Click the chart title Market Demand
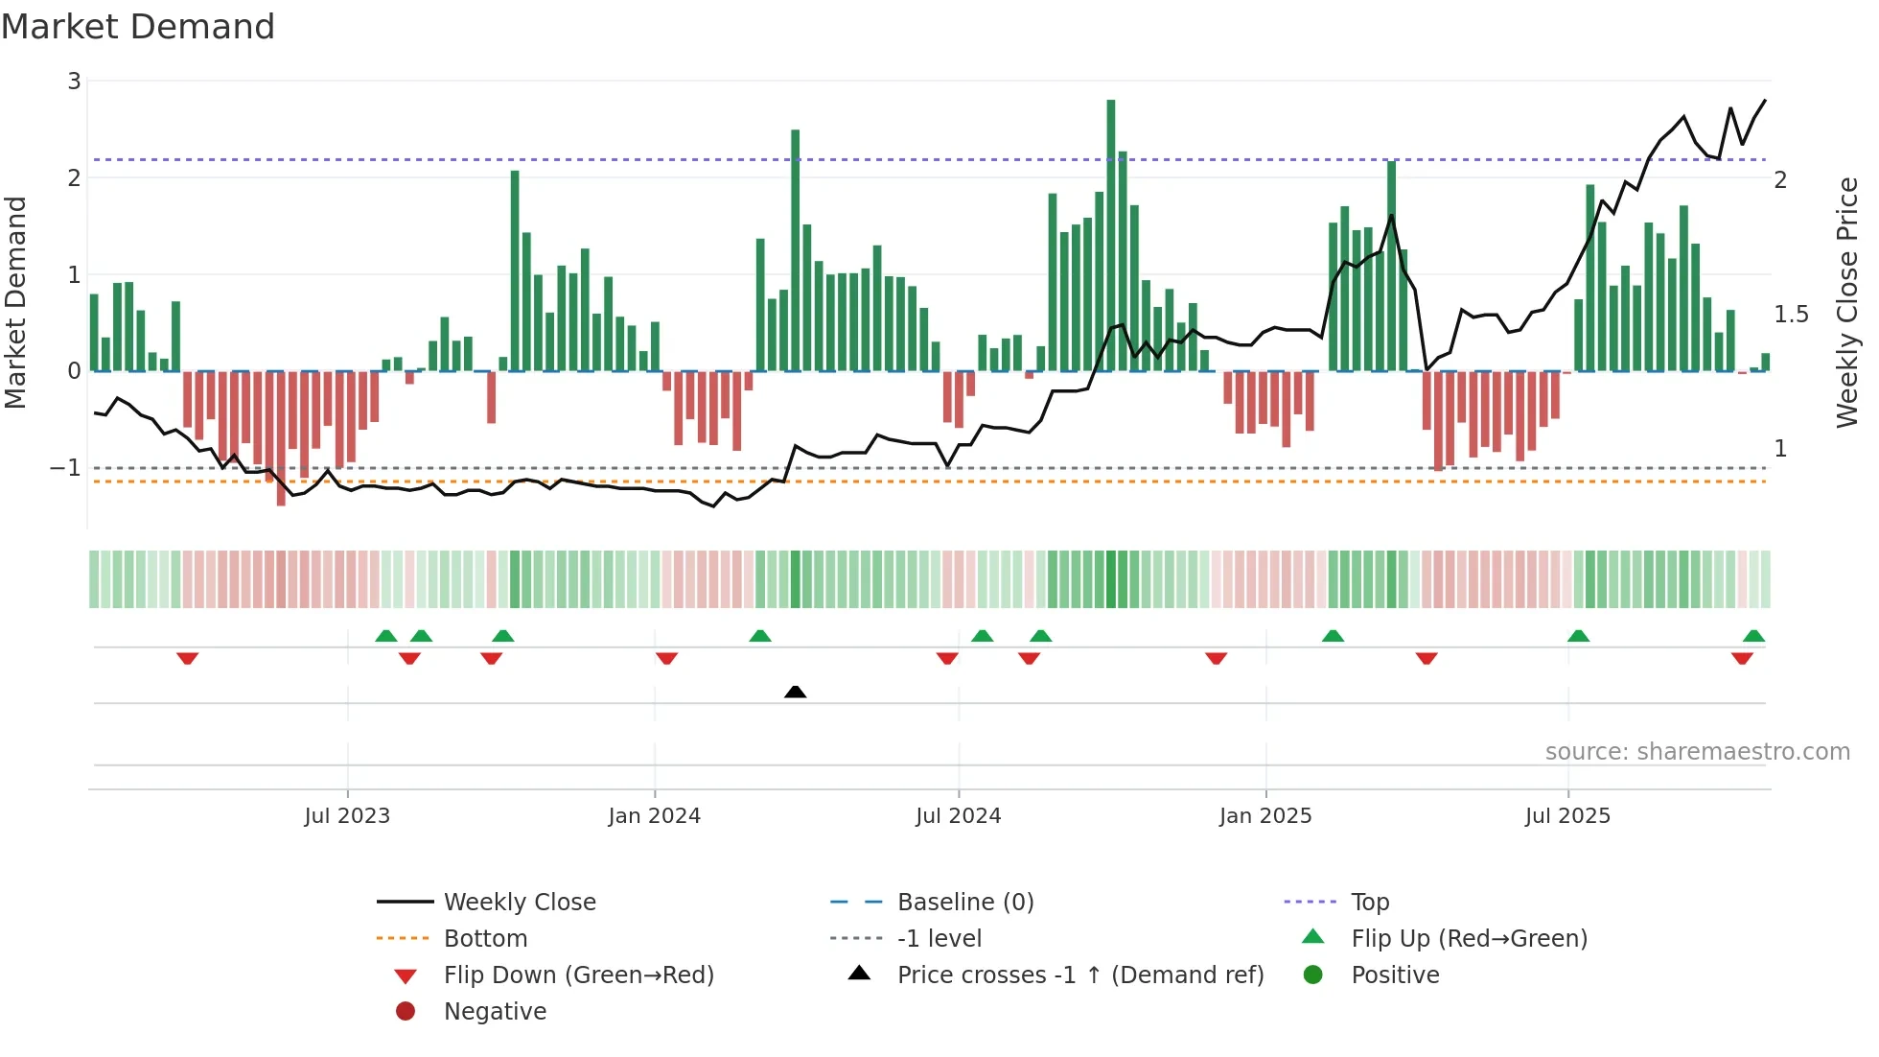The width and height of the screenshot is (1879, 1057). [138, 27]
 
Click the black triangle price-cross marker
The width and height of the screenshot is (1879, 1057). [795, 692]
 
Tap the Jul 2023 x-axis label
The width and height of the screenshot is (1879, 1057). [347, 816]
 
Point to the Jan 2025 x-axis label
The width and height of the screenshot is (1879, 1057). [1265, 816]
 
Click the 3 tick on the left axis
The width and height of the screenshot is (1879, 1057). [74, 82]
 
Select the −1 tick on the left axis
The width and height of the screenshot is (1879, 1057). [66, 468]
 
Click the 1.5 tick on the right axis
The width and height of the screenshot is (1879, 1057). [1790, 315]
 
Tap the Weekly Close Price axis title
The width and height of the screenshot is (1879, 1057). [1847, 302]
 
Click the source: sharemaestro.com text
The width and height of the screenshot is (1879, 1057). [1697, 752]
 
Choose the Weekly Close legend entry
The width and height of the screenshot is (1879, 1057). [519, 903]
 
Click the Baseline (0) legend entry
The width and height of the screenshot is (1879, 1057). [964, 903]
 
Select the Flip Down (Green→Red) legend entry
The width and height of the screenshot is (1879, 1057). [578, 975]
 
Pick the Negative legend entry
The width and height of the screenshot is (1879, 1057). [495, 1012]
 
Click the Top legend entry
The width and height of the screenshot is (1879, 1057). [1369, 903]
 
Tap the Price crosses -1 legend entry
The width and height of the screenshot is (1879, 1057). [1079, 975]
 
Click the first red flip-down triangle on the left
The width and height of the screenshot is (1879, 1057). [188, 658]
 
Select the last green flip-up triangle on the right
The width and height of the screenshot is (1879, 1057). [1753, 636]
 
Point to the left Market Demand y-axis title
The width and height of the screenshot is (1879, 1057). [15, 302]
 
